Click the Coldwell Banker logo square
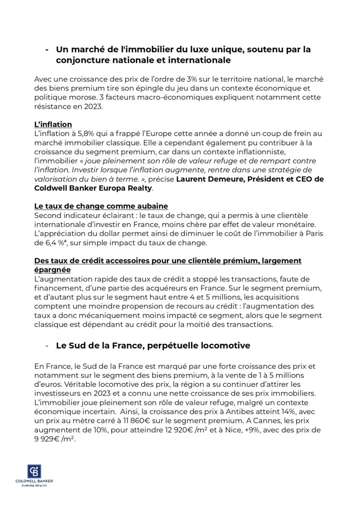pos(34,471)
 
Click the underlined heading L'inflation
pos(53,124)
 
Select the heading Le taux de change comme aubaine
pos(101,206)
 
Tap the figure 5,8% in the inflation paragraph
pos(85,133)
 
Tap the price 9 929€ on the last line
pos(47,439)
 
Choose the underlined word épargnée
pos(52,270)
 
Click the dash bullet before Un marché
pos(47,50)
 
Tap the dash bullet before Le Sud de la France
pos(47,346)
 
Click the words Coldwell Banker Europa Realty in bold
pos(93,188)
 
